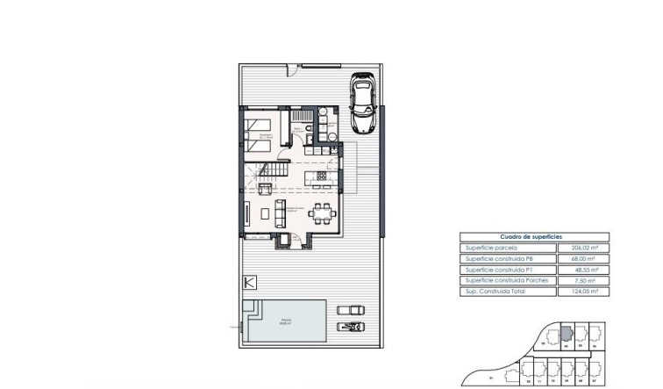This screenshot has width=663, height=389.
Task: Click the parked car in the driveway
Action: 362,104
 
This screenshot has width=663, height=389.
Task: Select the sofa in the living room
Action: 281,212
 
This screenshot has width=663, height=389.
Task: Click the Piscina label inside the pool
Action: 287,321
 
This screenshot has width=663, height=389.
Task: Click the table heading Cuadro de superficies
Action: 531,237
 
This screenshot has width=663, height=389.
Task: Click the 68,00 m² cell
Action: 584,258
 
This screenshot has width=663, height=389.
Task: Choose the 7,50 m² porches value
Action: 585,279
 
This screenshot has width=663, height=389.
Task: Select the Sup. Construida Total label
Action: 495,290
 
